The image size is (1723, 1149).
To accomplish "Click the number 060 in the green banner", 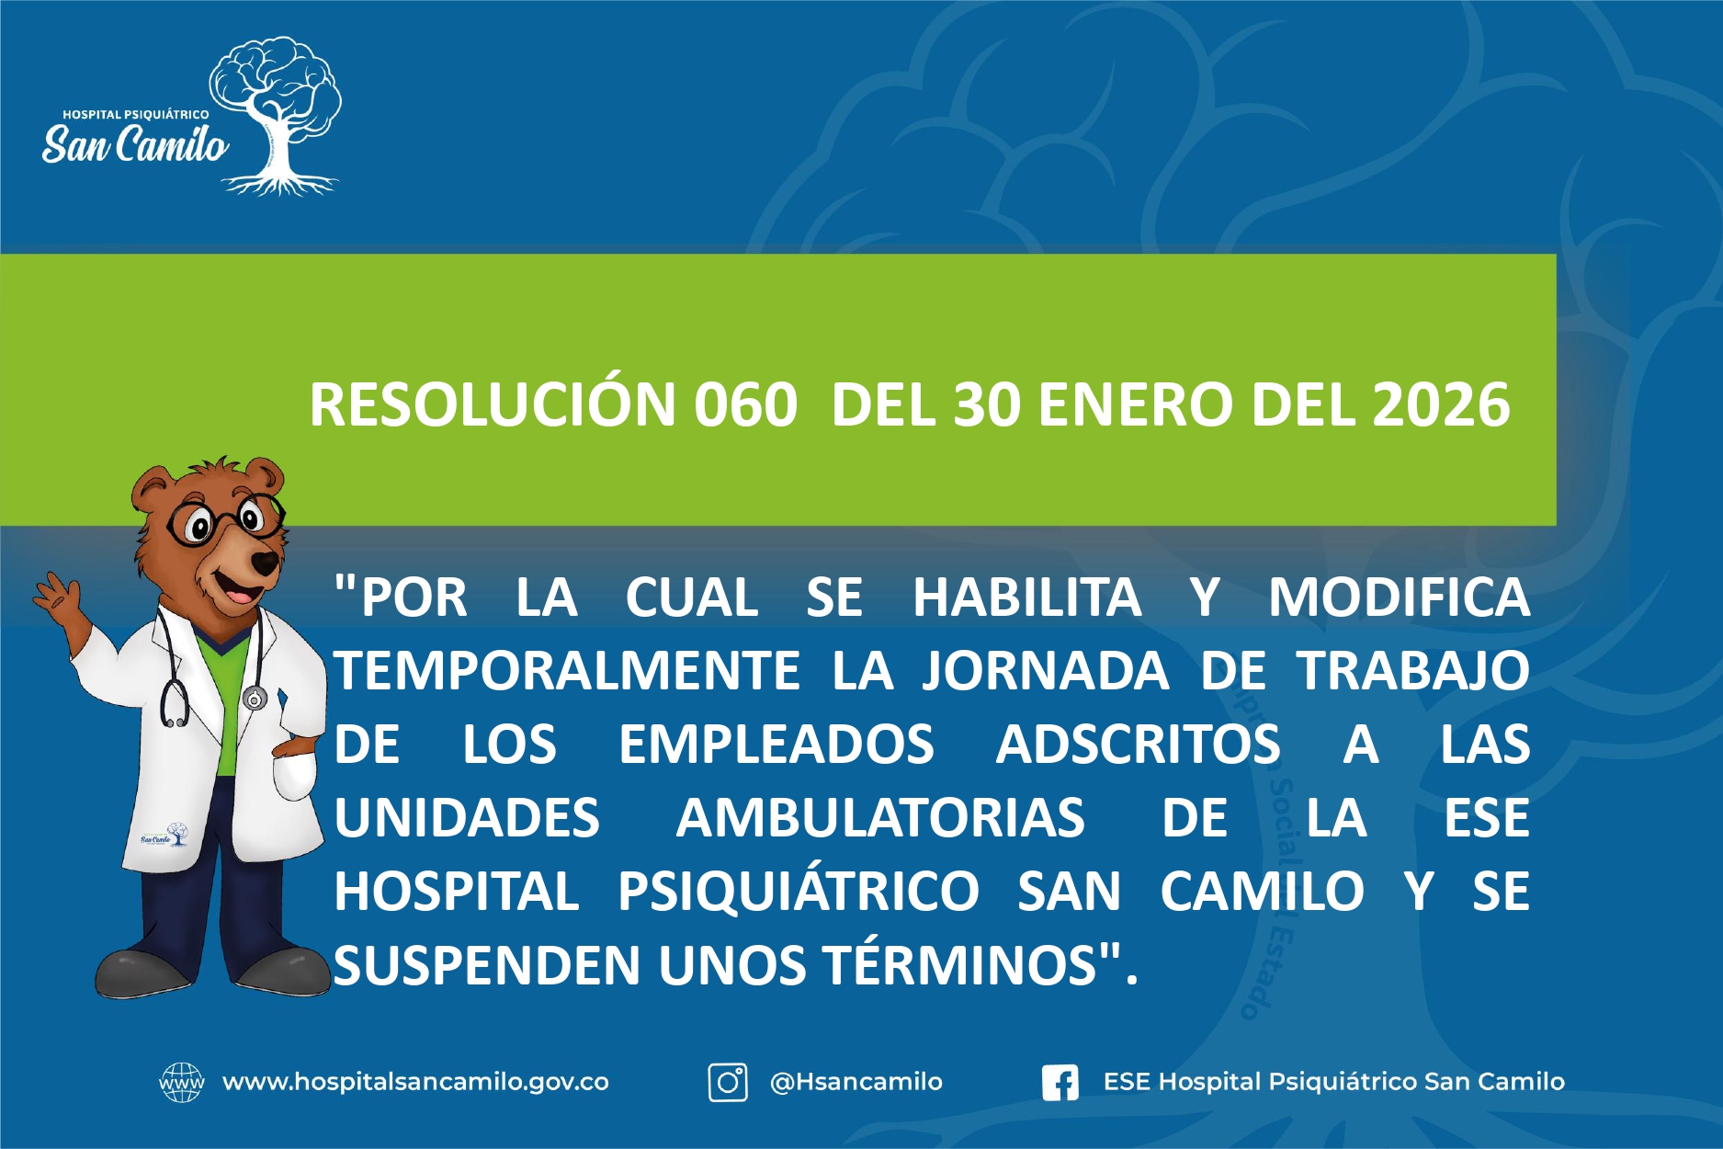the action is point(745,404).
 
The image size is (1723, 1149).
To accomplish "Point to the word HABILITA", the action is point(1026,597).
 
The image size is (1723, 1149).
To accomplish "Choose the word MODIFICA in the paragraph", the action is point(1400,597).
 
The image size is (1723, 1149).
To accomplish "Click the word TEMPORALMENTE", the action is point(567,670).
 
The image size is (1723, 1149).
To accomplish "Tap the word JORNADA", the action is point(1046,670).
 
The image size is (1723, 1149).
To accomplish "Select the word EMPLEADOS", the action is point(776,744).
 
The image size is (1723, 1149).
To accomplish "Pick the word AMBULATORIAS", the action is point(880,817).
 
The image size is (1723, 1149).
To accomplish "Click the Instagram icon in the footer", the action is point(727,1082).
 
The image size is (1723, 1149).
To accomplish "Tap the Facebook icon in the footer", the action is point(1060,1083).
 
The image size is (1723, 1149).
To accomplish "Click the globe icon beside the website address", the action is point(182,1082).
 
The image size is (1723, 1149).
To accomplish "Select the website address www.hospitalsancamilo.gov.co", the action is point(415,1082).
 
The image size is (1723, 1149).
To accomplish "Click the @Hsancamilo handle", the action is point(856,1082).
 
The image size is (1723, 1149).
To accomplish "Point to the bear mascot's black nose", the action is point(266,562).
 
